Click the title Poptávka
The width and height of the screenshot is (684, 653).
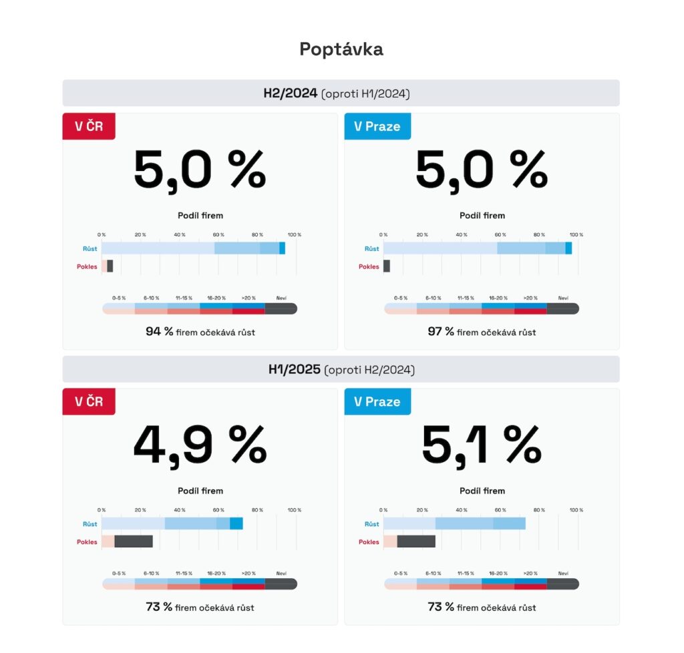(x=341, y=49)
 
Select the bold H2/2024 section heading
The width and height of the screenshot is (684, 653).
(x=290, y=93)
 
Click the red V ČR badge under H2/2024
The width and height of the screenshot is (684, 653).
(x=89, y=126)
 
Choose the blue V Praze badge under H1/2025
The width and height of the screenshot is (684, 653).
(x=377, y=402)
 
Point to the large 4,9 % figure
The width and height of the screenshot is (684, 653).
(x=200, y=445)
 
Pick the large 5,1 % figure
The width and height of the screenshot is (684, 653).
(x=482, y=445)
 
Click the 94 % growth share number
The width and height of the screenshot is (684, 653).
(x=160, y=332)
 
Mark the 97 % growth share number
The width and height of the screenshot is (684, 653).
(x=441, y=332)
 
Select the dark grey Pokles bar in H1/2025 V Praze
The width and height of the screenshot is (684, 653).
(x=416, y=541)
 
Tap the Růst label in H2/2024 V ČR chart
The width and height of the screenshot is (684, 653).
(x=90, y=249)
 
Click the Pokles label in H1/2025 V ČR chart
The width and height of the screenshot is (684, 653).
(x=87, y=542)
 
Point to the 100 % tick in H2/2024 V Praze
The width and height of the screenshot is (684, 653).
(x=576, y=235)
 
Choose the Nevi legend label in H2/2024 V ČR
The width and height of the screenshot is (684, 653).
(x=281, y=298)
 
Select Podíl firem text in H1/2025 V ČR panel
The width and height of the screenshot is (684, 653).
(x=200, y=491)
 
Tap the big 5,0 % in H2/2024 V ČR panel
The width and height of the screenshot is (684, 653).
(x=200, y=170)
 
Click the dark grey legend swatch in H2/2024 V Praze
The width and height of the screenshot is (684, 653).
(x=563, y=308)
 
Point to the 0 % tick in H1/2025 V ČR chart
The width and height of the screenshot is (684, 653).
(x=102, y=510)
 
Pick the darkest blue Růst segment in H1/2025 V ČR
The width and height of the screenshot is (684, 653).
(x=236, y=523)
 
